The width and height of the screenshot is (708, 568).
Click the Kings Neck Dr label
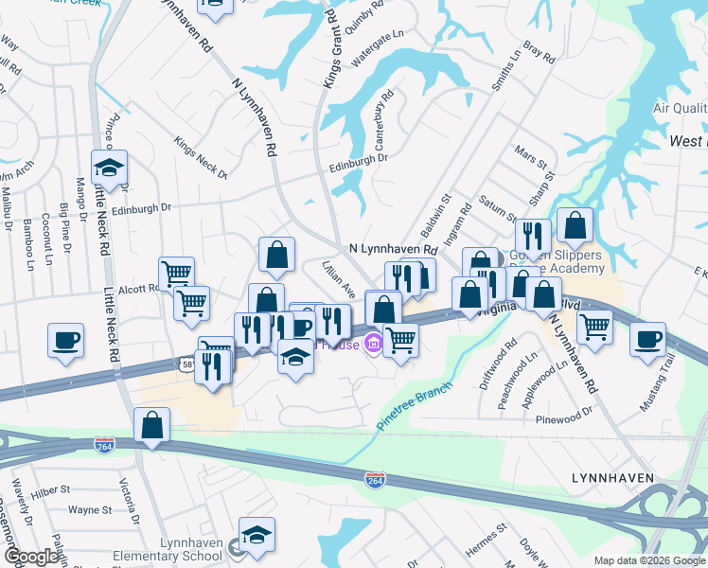tap(201, 157)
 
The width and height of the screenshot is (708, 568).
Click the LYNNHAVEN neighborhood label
tap(612, 479)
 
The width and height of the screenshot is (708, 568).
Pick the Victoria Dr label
tap(129, 505)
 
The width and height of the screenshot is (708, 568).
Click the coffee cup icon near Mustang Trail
tap(647, 339)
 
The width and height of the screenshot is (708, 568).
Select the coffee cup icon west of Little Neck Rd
tap(65, 340)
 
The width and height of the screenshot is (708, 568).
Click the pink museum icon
tap(374, 344)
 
